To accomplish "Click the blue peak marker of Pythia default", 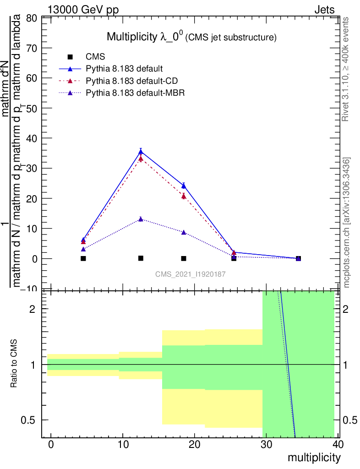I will (141, 152).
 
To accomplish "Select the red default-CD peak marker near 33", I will (141, 159).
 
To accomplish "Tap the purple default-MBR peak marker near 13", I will (141, 219).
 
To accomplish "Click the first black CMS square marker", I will (83, 258).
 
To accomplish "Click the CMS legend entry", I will (96, 57).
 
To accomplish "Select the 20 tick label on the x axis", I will (194, 444).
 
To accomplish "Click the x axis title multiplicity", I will (314, 458).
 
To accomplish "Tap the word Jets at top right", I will (324, 10).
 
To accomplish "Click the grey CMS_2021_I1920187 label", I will (191, 274).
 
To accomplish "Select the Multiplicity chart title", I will (191, 37).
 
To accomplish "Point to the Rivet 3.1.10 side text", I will (346, 69).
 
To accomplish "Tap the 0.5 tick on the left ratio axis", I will (31, 420).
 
